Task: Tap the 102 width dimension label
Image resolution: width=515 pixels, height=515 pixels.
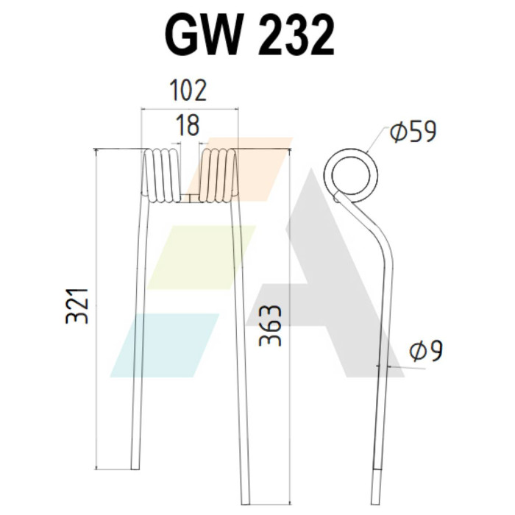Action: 188,90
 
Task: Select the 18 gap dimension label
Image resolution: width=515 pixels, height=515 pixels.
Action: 188,124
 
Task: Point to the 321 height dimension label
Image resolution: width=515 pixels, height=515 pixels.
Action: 77,306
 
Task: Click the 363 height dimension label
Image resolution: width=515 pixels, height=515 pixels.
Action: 270,325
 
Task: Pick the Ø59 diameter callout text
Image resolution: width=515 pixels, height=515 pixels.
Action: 413,132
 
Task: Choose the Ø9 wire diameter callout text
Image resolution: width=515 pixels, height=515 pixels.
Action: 426,351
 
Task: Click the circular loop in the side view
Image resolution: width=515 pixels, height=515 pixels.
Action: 351,149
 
